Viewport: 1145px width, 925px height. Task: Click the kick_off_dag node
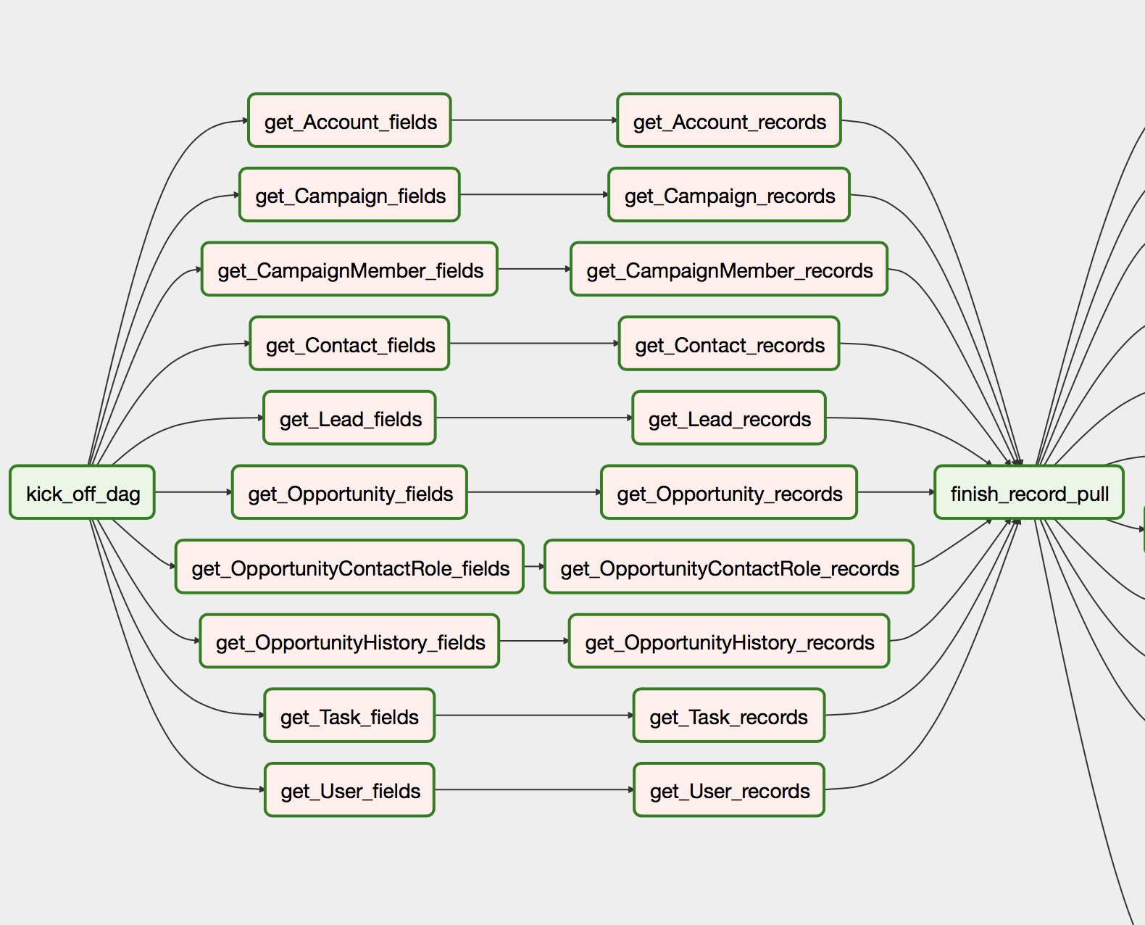click(x=82, y=492)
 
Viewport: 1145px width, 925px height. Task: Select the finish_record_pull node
click(x=1029, y=492)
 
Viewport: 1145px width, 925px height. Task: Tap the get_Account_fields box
click(x=349, y=120)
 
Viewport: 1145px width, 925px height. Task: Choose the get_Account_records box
click(x=729, y=120)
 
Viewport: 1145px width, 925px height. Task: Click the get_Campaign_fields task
click(x=349, y=195)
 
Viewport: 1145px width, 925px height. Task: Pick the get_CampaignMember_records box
click(x=729, y=269)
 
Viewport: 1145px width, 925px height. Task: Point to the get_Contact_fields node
click(x=349, y=343)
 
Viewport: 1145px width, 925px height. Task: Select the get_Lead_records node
click(x=729, y=418)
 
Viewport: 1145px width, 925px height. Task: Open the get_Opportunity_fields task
click(x=349, y=492)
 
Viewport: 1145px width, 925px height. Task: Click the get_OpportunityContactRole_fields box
click(x=349, y=566)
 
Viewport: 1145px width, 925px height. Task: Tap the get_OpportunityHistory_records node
click(x=729, y=641)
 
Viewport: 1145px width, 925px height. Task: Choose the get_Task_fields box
click(x=349, y=715)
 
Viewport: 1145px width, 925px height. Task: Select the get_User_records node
click(x=729, y=789)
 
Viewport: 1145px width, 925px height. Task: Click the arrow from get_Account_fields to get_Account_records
click(x=534, y=120)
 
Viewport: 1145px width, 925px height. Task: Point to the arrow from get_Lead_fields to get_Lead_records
click(x=534, y=418)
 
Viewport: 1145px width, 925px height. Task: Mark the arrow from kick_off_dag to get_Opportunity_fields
click(x=193, y=492)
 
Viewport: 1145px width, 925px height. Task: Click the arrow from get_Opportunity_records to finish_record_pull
click(x=896, y=492)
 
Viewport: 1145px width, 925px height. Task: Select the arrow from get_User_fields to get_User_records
click(x=534, y=789)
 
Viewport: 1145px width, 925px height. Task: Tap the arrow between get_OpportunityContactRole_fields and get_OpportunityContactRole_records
click(x=534, y=566)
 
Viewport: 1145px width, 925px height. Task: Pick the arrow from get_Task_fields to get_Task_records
click(x=534, y=715)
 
